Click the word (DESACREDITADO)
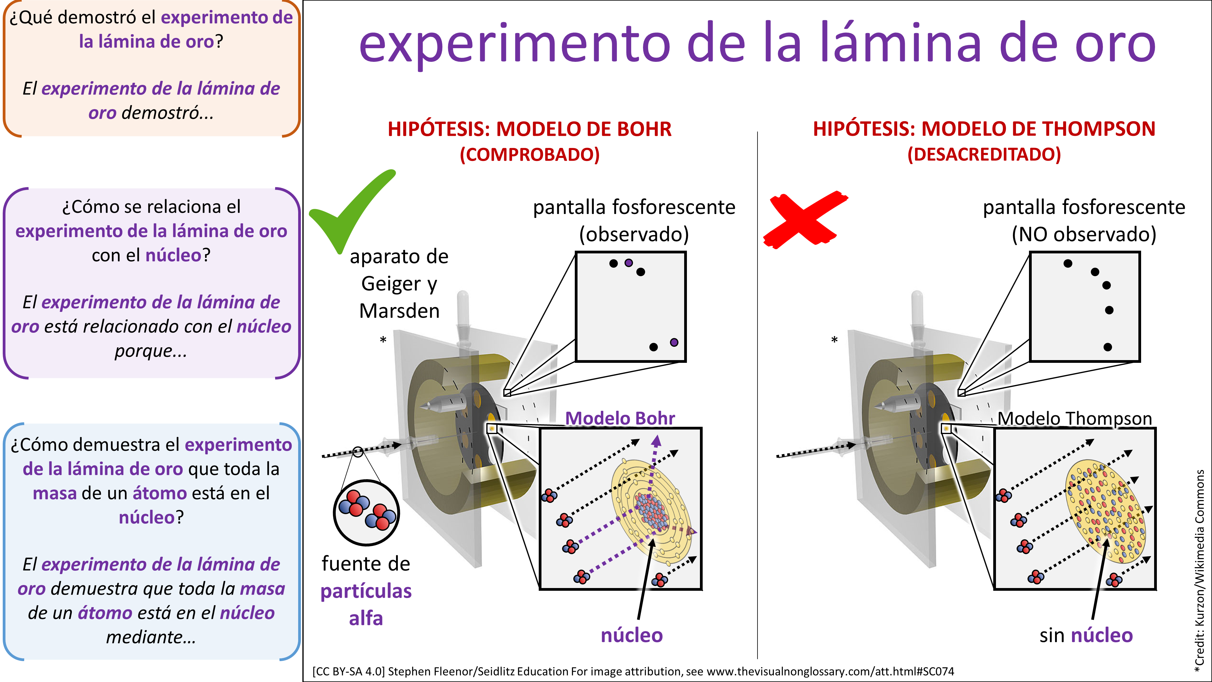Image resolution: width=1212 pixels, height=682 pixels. point(984,154)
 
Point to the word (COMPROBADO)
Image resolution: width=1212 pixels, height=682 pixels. point(529,154)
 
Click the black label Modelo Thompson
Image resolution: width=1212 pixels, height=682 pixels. point(1075,418)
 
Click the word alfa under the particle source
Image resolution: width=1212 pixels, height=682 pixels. point(366,618)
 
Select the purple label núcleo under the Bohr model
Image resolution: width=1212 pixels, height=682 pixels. point(631,635)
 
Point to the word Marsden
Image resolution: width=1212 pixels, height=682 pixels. point(399,311)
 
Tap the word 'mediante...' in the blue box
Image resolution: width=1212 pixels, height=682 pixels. point(151,637)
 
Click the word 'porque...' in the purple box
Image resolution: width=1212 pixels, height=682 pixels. point(151,351)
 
